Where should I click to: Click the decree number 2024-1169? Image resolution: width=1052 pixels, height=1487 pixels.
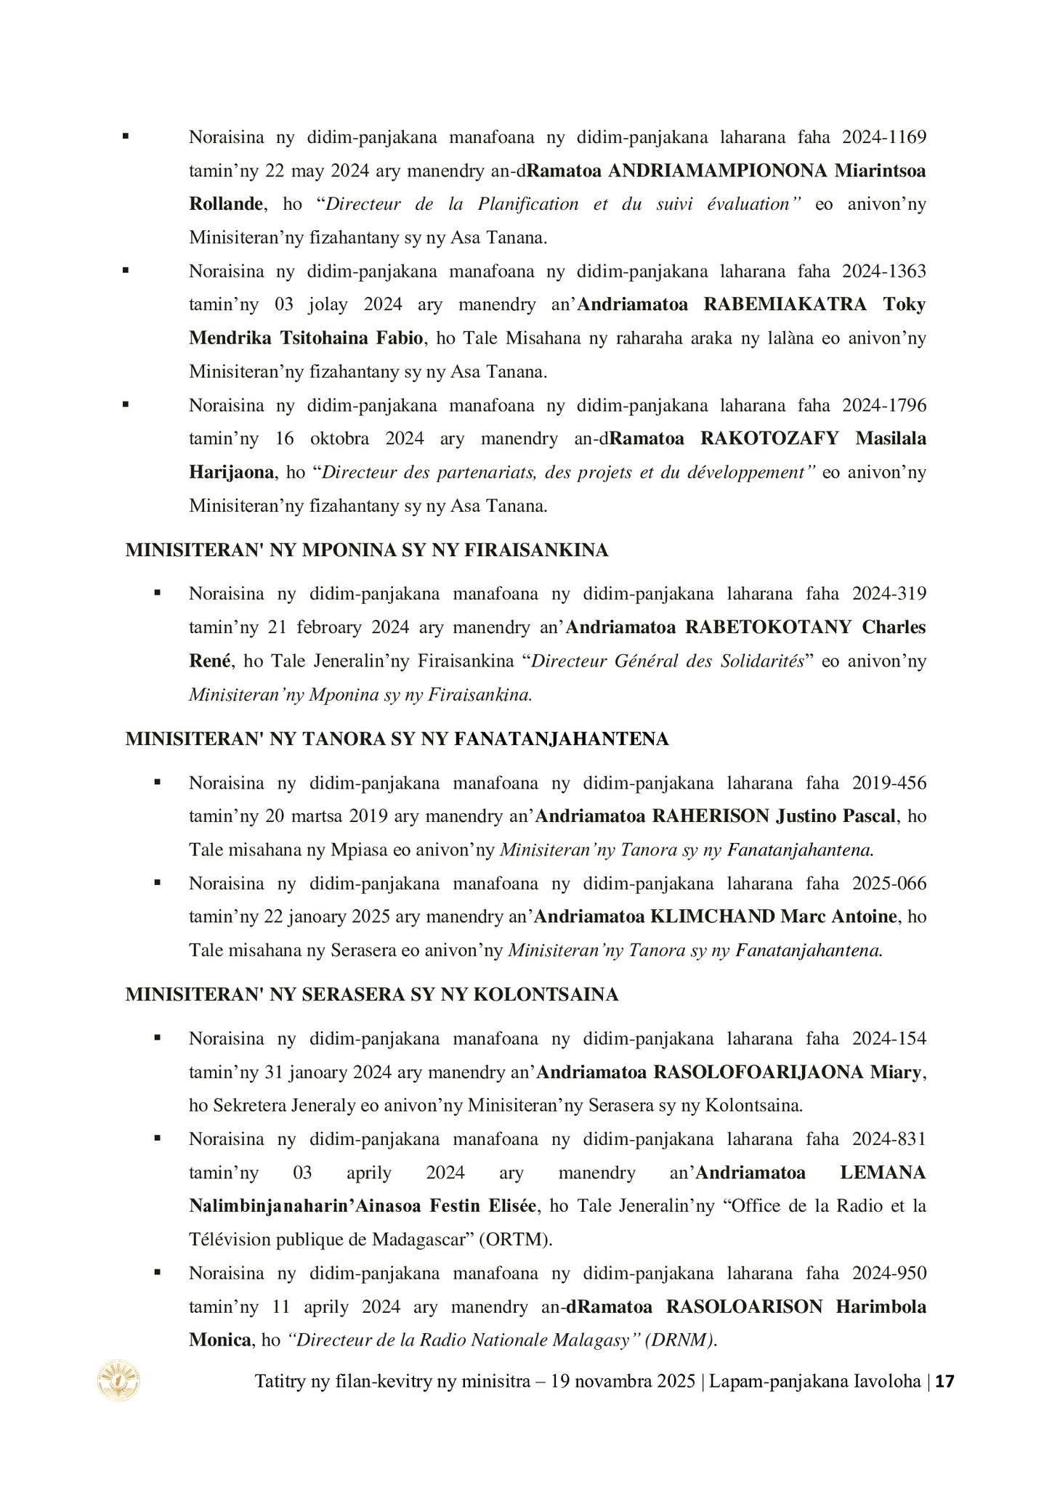(x=884, y=137)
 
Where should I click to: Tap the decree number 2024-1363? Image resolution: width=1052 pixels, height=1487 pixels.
(x=884, y=271)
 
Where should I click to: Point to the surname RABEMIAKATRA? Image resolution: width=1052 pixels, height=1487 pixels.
(x=785, y=304)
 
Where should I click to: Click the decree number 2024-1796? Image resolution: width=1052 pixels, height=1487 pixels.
(x=884, y=404)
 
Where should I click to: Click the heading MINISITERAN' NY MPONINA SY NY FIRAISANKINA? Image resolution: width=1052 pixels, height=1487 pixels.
(x=366, y=550)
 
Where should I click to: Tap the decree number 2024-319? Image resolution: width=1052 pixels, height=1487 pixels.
(x=889, y=593)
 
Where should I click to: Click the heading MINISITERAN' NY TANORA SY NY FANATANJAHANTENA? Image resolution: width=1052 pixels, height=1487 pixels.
(x=397, y=739)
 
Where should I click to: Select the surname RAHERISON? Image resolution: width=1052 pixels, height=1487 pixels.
(x=710, y=816)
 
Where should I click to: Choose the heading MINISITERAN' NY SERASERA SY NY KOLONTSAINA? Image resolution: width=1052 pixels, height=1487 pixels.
(x=371, y=995)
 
